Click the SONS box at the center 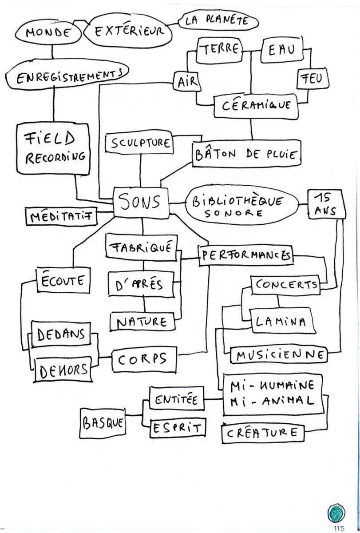pyautogui.click(x=141, y=203)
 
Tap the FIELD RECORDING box pyautogui.click(x=55, y=149)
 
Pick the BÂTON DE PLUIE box pyautogui.click(x=247, y=154)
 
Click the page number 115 pyautogui.click(x=340, y=528)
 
